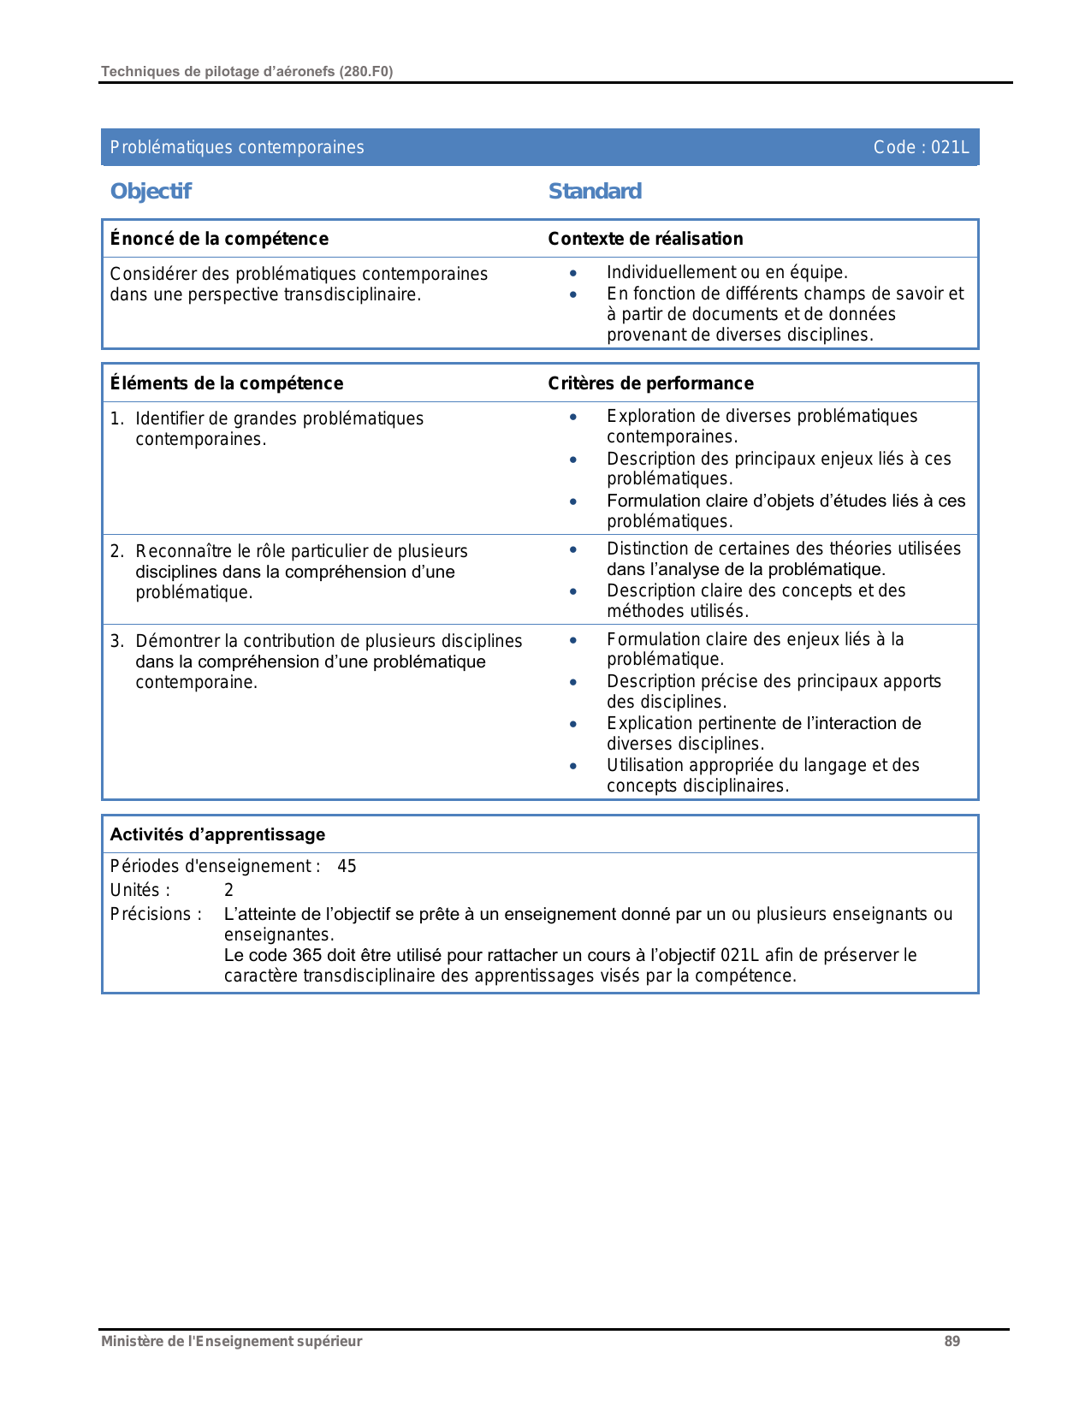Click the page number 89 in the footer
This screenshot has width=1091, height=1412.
[952, 1341]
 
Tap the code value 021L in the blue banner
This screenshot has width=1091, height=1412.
[950, 147]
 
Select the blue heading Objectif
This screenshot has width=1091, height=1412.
[151, 191]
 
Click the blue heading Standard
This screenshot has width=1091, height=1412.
[595, 191]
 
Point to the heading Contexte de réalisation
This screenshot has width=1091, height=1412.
[645, 239]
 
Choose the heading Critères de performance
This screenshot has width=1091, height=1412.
[650, 383]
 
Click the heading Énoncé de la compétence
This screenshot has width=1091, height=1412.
[219, 239]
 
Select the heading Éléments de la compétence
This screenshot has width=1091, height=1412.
[227, 383]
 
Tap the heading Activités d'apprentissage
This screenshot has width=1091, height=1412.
[217, 834]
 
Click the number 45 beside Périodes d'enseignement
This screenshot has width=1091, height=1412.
[347, 866]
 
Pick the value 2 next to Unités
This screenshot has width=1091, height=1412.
[228, 890]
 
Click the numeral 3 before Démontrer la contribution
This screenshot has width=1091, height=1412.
[116, 641]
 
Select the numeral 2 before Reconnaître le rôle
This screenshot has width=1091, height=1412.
[116, 551]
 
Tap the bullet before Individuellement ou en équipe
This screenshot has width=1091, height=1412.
[573, 273]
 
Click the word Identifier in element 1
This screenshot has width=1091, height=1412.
[170, 418]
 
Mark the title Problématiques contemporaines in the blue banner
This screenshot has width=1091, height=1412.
[237, 147]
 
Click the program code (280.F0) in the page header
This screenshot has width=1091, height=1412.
[365, 71]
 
